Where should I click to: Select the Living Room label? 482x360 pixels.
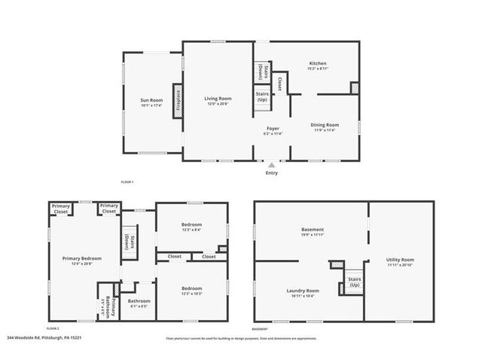(218, 99)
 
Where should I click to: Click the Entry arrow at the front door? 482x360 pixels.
(272, 163)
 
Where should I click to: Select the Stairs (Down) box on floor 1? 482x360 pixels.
(261, 71)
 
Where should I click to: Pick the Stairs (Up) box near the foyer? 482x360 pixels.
(261, 98)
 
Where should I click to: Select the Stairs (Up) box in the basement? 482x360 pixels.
(353, 282)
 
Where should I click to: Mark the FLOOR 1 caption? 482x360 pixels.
(127, 182)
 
